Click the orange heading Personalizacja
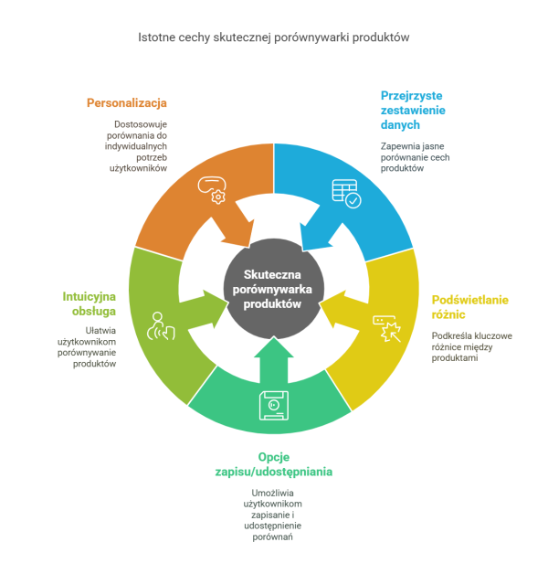coord(127,103)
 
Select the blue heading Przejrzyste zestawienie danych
coord(413,111)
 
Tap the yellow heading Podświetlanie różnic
coord(469,307)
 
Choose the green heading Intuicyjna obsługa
coord(89,303)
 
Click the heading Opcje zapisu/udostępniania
coord(274,464)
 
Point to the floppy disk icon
coord(274,405)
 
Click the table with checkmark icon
coord(346,194)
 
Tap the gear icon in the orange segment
coord(218,197)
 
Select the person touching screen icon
coord(161,326)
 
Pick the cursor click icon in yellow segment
coord(387,329)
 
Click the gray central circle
coord(274,289)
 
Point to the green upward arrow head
coord(274,347)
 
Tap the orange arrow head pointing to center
coord(238,232)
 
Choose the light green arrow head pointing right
coord(216,308)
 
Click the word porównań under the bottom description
coord(272,537)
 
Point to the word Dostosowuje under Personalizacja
coord(141,124)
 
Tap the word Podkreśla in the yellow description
coord(449,335)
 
